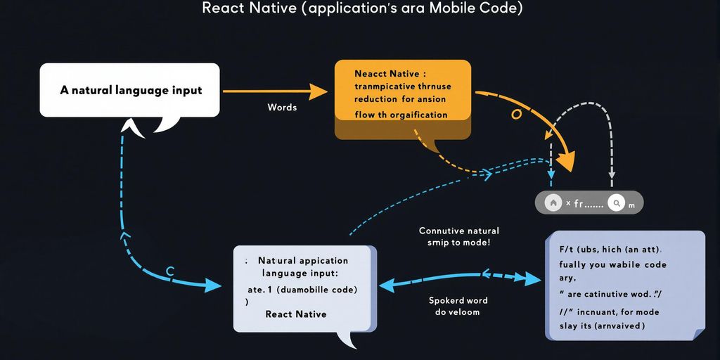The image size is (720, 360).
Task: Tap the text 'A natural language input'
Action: (x=131, y=90)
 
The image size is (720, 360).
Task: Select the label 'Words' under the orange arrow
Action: (x=282, y=108)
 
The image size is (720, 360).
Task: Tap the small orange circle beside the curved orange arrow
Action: (x=516, y=114)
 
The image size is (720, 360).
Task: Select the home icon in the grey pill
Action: (x=553, y=202)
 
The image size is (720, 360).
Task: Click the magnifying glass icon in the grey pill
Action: (x=617, y=202)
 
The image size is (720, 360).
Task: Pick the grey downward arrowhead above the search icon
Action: (x=612, y=174)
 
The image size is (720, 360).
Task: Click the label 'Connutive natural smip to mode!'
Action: (x=458, y=237)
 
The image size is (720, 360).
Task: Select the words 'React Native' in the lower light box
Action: (x=295, y=314)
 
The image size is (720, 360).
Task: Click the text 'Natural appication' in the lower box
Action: (x=302, y=260)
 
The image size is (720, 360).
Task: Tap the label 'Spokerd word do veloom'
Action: (x=458, y=306)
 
